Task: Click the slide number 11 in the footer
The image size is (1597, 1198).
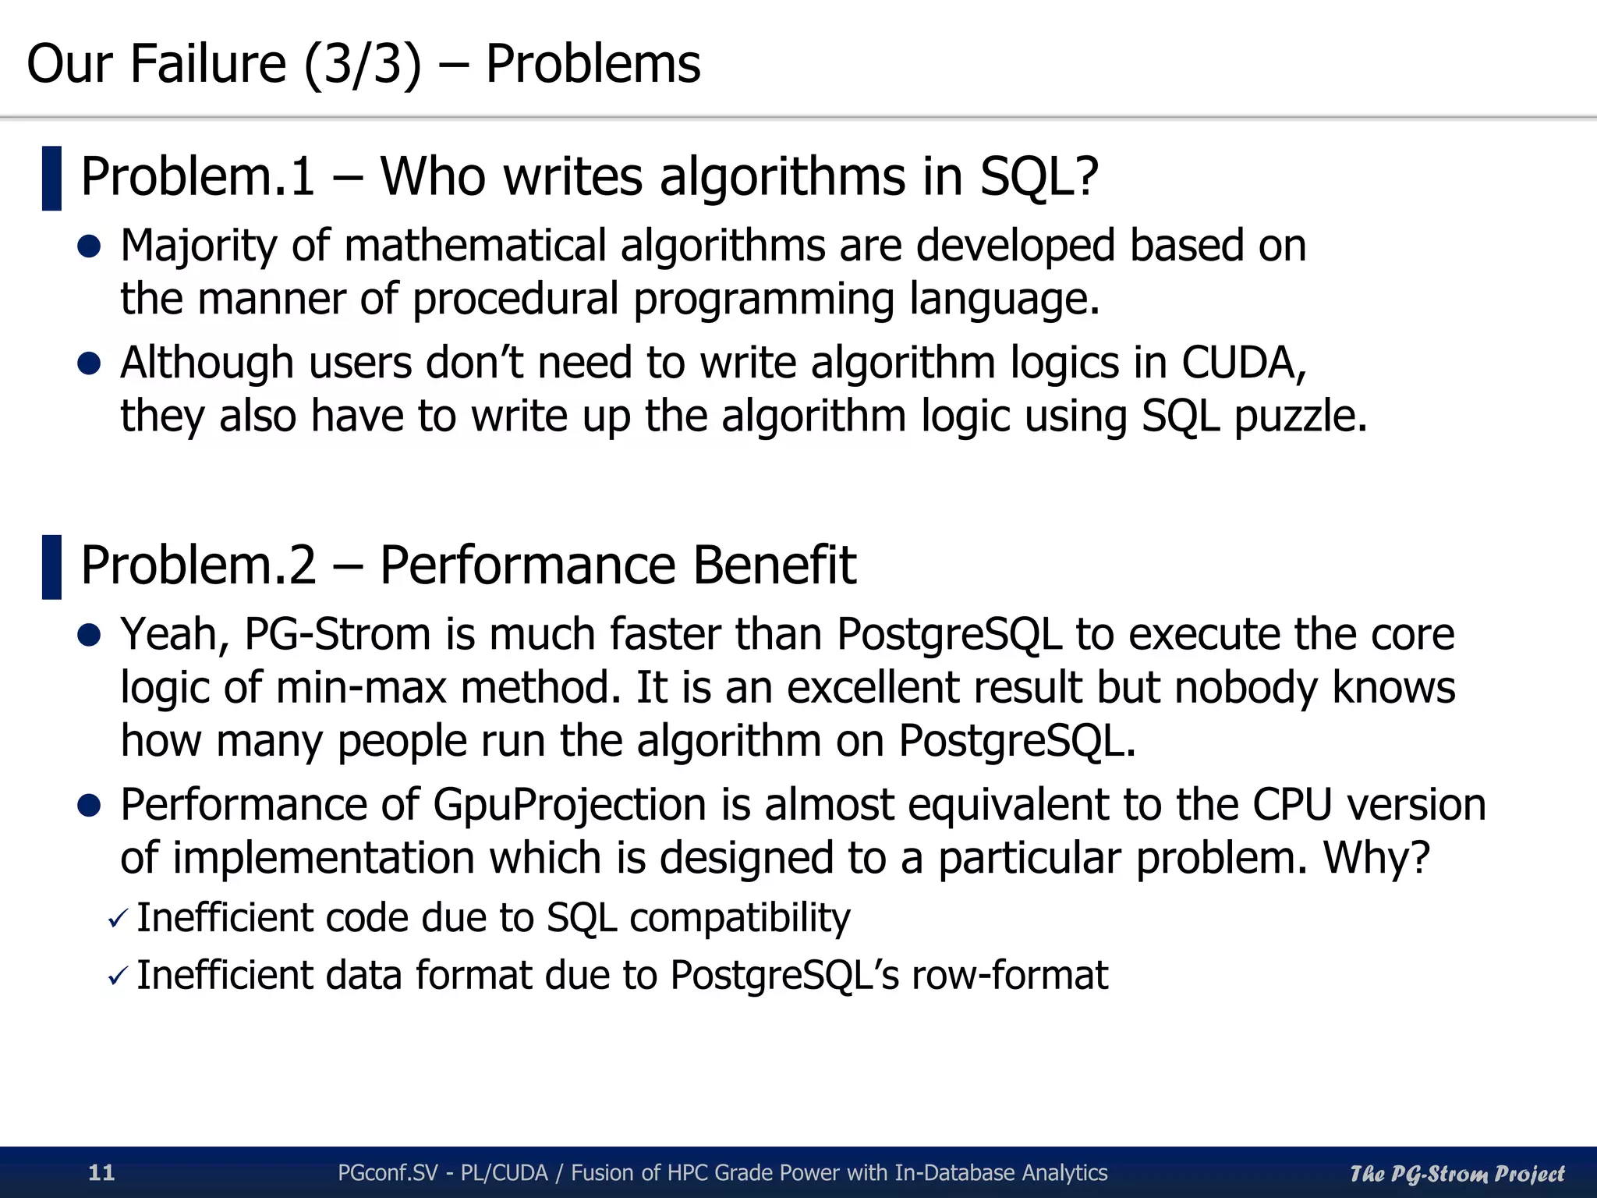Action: click(101, 1172)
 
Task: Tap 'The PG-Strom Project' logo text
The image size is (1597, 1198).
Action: click(1457, 1173)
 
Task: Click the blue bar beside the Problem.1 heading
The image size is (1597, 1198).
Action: click(51, 178)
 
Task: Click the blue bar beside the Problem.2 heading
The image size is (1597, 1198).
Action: click(51, 567)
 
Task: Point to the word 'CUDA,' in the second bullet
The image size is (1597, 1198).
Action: click(1244, 363)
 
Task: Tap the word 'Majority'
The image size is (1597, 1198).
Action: click(198, 246)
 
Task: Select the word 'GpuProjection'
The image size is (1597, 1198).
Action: click(569, 805)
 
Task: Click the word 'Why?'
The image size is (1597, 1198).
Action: click(1376, 858)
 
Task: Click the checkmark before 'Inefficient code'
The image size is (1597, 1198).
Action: click(118, 920)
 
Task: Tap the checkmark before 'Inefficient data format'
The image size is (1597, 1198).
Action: click(118, 976)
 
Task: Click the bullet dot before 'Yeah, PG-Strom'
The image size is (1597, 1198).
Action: click(90, 635)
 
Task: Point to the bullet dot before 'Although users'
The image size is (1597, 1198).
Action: click(90, 363)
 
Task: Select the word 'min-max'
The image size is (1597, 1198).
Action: click(361, 688)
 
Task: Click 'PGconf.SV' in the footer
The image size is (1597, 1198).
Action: click(388, 1172)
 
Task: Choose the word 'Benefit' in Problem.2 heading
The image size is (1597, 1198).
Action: click(774, 565)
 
